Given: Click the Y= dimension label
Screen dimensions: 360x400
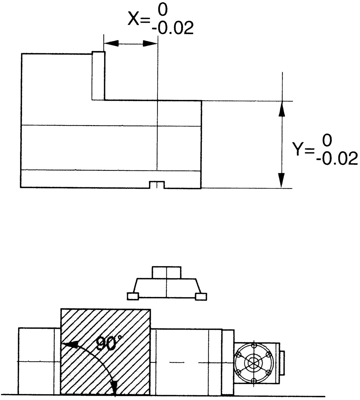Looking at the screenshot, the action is coord(303,149).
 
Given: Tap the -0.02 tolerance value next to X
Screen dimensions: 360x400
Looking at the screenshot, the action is coord(173,28).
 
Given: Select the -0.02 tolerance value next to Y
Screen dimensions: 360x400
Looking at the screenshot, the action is coord(337,159).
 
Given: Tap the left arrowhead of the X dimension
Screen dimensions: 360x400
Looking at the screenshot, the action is coord(112,43).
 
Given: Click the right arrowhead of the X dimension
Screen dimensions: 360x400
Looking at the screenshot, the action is coord(150,44).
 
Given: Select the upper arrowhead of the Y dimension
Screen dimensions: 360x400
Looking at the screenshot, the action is coord(281,109).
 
